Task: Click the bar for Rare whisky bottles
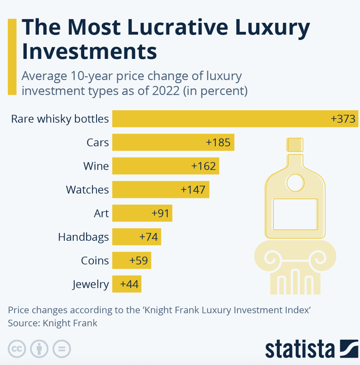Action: tap(220, 119)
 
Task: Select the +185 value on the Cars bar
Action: tap(218, 142)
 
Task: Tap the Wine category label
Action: tap(96, 166)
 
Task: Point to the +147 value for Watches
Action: tap(193, 190)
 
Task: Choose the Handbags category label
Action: tap(83, 237)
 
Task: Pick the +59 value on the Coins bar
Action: tap(139, 261)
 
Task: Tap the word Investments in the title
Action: tap(90, 52)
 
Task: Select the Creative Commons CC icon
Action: tap(16, 349)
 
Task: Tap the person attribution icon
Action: tap(39, 349)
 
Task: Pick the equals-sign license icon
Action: tap(61, 349)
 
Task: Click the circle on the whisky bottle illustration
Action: tap(295, 182)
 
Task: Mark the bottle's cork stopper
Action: tap(295, 145)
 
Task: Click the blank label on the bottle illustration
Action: tap(295, 214)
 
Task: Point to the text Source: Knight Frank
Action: tap(52, 323)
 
